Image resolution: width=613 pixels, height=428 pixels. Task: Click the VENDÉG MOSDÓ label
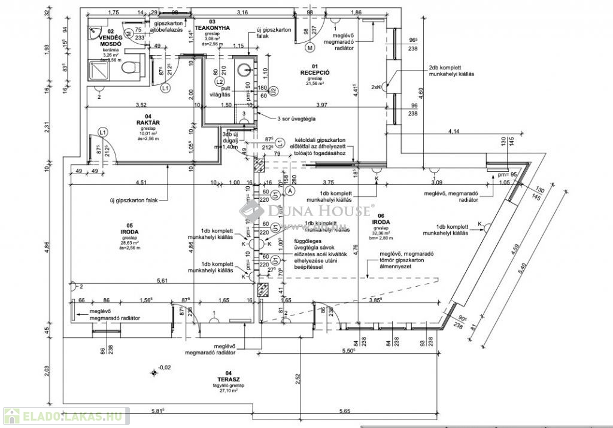(111, 41)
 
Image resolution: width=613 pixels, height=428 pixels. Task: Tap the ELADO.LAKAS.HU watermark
(66, 415)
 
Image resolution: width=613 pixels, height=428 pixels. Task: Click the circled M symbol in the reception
(310, 47)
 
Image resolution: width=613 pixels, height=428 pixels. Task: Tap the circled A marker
(290, 190)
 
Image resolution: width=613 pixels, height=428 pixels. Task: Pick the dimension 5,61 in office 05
(162, 280)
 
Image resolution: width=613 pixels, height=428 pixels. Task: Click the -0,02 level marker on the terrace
(164, 368)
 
